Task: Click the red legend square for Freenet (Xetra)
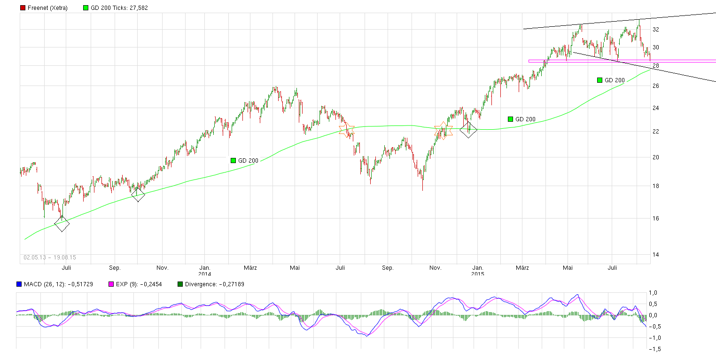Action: pos(23,8)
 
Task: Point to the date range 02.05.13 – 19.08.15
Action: pos(50,258)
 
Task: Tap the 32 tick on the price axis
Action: pos(655,29)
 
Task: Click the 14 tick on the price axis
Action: pos(655,254)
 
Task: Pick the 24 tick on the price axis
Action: pos(655,108)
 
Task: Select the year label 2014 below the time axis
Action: pos(204,274)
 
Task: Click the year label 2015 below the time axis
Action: pos(478,274)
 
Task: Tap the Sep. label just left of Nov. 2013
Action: pos(115,268)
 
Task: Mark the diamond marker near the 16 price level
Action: pos(62,224)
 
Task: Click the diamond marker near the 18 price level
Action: pos(138,195)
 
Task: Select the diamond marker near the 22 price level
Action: pos(468,129)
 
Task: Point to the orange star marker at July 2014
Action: pos(347,131)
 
